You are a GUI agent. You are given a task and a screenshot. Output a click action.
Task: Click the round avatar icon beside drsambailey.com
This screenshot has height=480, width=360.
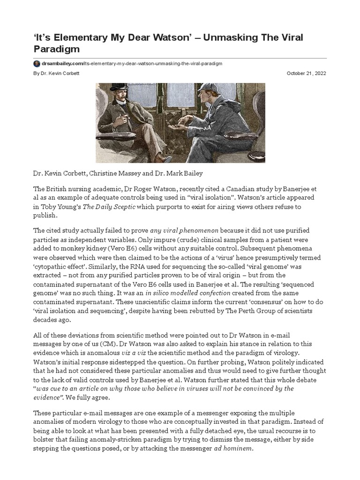tap(36, 63)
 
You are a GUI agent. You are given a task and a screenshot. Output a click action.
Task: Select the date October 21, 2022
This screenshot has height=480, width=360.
tap(306, 74)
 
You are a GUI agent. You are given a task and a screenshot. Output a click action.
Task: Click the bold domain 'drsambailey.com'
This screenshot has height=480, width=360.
tap(59, 63)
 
